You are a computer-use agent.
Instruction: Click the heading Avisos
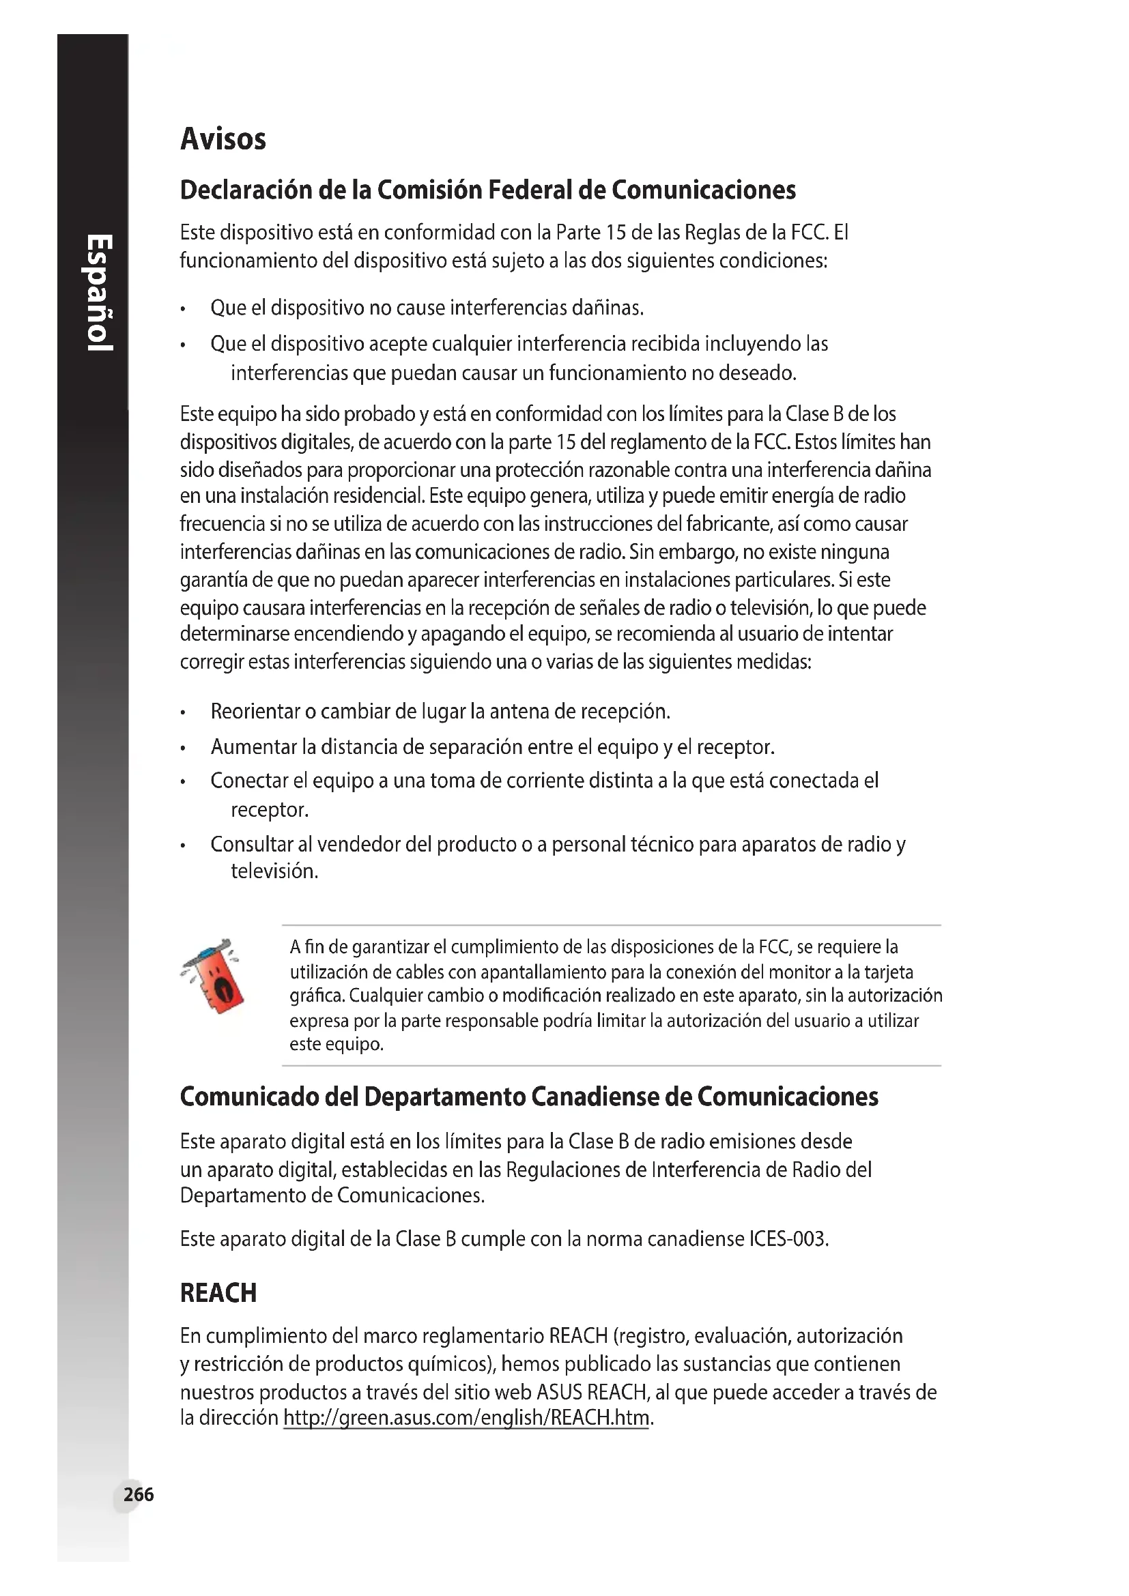pyautogui.click(x=223, y=139)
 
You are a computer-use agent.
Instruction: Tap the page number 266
pyautogui.click(x=139, y=1494)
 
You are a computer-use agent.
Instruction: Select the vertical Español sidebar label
pyautogui.click(x=99, y=293)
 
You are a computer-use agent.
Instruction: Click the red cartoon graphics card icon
pyautogui.click(x=214, y=974)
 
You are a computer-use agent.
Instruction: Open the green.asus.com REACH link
pyautogui.click(x=466, y=1417)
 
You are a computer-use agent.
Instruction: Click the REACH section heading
pyautogui.click(x=218, y=1293)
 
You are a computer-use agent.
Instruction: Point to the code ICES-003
pyautogui.click(x=788, y=1239)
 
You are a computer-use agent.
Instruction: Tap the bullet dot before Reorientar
pyautogui.click(x=183, y=713)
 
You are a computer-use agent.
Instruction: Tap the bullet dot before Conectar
pyautogui.click(x=183, y=783)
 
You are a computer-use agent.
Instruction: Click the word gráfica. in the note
pyautogui.click(x=317, y=996)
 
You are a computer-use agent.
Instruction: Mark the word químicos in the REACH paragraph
pyautogui.click(x=448, y=1364)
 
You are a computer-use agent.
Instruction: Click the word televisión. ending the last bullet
pyautogui.click(x=274, y=871)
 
